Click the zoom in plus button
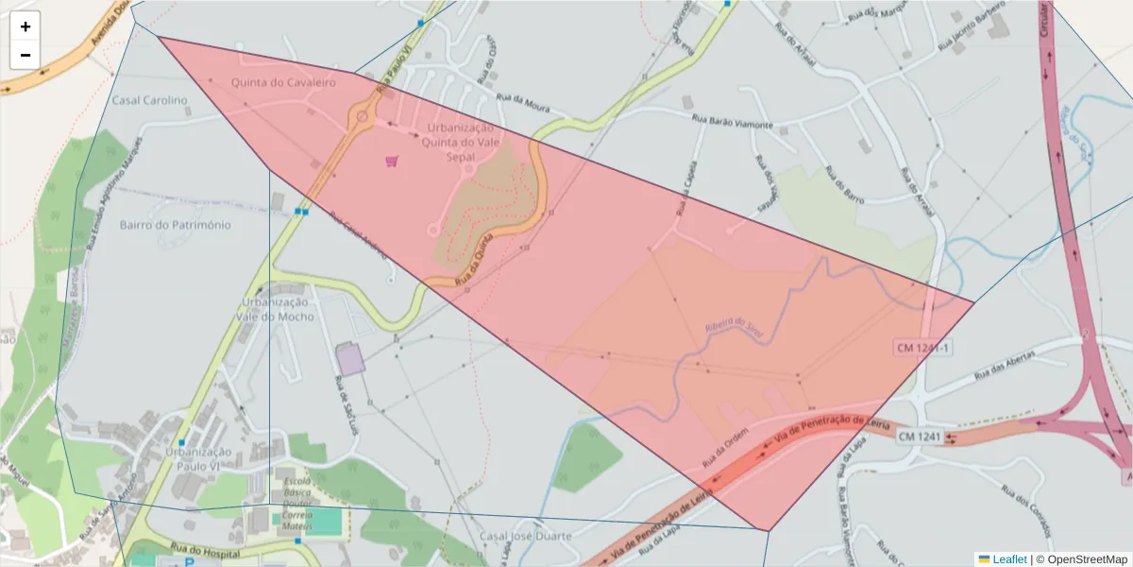click(25, 26)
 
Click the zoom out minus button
click(25, 55)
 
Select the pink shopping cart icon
click(392, 161)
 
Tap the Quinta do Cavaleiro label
click(283, 83)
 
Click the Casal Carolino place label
click(150, 100)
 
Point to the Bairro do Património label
click(176, 225)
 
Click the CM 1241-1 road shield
click(922, 349)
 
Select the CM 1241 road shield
click(919, 436)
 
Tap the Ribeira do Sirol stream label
click(733, 328)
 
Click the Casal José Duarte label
click(526, 536)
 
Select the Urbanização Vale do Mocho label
click(275, 310)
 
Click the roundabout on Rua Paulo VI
click(360, 119)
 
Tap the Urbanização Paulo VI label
click(198, 458)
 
